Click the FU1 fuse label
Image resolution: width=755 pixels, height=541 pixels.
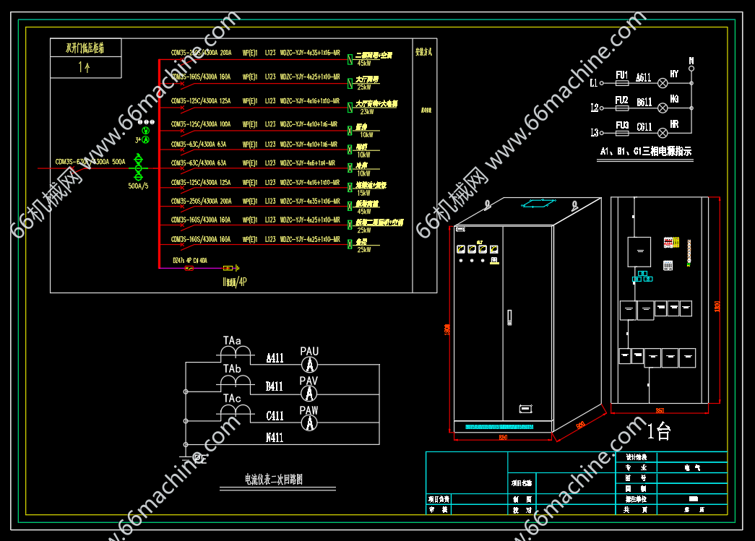(x=621, y=75)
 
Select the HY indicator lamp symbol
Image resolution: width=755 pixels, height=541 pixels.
(x=660, y=83)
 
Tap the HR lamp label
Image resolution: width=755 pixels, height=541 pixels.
(x=674, y=124)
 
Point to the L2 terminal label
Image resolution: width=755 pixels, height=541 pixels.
(x=595, y=108)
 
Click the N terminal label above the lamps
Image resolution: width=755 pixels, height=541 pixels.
(x=691, y=60)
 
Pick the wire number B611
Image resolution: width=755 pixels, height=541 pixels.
(x=644, y=103)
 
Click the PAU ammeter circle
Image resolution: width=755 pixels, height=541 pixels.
(x=309, y=364)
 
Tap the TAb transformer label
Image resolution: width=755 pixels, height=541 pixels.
(x=232, y=369)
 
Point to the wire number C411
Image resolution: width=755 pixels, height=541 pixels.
(x=275, y=416)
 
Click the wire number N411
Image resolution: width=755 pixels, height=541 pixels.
(x=275, y=437)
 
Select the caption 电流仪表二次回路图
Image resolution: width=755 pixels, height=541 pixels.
(x=273, y=478)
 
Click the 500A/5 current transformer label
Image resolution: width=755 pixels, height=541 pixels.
(x=138, y=186)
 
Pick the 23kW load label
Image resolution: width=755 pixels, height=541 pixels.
(x=366, y=112)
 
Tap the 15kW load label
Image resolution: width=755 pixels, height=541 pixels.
(x=363, y=193)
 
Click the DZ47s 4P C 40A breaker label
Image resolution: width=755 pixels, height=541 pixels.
(x=189, y=260)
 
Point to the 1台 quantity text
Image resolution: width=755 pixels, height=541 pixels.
(x=658, y=432)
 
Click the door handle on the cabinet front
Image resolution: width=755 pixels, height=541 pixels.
(x=509, y=316)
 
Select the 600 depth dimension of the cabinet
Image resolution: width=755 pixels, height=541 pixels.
(x=579, y=425)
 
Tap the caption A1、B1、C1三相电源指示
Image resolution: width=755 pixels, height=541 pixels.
(x=645, y=152)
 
